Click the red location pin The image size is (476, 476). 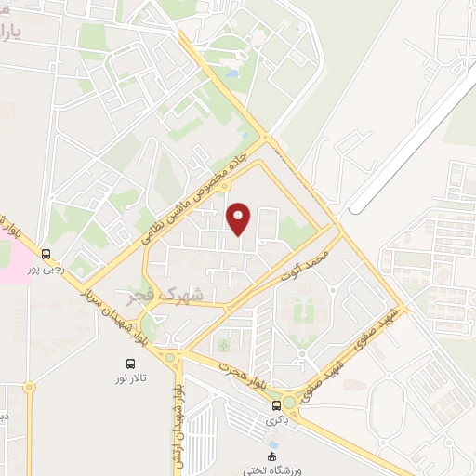point(239,218)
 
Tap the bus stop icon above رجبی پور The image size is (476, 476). point(46,253)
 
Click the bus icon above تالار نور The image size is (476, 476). point(129,364)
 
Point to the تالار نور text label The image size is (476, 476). point(129,379)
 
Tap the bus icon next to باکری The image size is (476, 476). point(276,405)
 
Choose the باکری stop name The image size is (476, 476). point(276,420)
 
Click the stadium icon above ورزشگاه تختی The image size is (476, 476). point(271,456)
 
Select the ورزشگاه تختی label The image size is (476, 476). point(271,469)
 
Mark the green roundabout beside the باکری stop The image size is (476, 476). point(292,403)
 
